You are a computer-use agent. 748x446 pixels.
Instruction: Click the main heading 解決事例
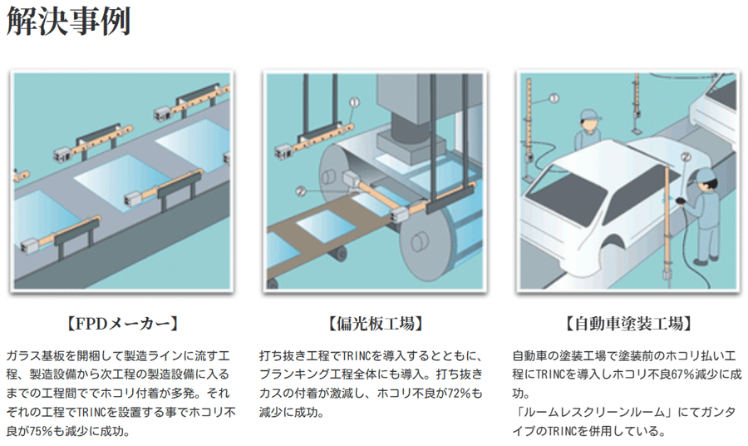click(x=68, y=21)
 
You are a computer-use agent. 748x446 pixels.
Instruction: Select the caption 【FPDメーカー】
click(x=122, y=324)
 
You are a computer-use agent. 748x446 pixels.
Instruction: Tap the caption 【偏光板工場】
click(x=376, y=324)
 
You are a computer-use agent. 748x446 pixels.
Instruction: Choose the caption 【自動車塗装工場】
click(x=629, y=324)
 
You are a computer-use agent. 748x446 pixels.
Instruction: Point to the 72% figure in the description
click(x=459, y=394)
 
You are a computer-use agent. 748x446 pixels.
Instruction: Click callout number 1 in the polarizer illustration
click(x=354, y=102)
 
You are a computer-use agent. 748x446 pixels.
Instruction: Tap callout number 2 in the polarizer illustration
click(x=301, y=191)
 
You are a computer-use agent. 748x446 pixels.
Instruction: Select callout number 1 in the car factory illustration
click(x=554, y=98)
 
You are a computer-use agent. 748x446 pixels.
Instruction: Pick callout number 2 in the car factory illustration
click(x=686, y=156)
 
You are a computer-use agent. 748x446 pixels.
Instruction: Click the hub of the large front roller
click(x=417, y=241)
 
